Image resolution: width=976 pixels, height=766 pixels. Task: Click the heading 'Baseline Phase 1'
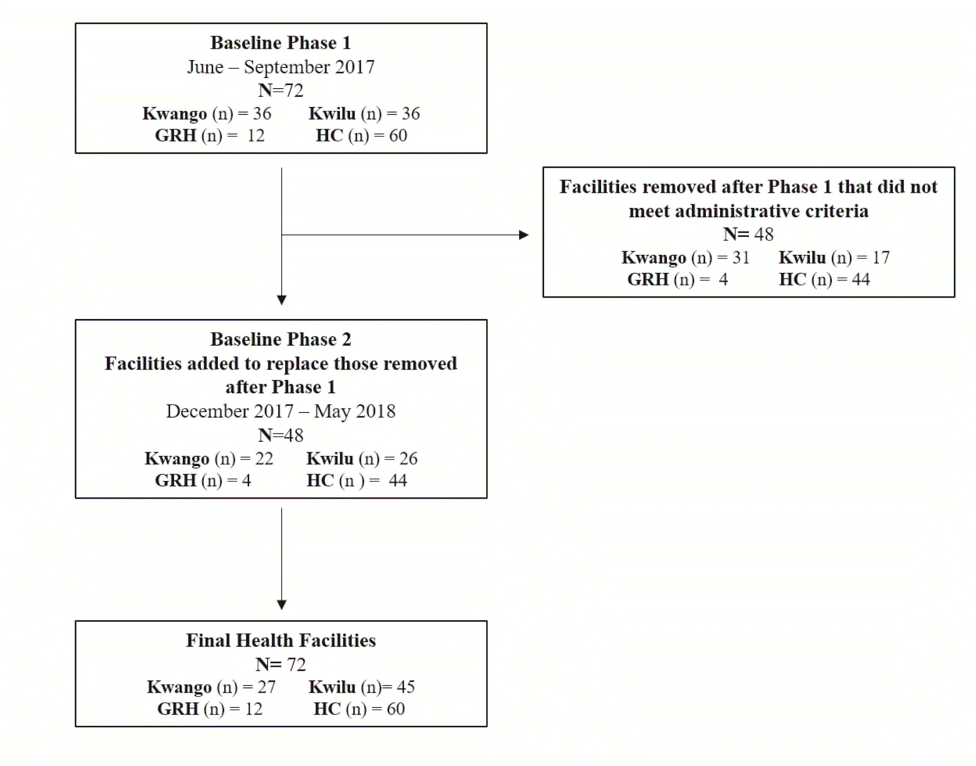[x=281, y=43]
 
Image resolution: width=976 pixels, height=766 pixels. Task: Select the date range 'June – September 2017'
[x=281, y=67]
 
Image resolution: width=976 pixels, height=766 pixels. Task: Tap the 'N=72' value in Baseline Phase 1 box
[x=281, y=90]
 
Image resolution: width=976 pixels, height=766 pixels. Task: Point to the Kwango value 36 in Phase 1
[x=262, y=113]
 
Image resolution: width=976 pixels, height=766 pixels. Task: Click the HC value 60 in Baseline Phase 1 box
[x=398, y=135]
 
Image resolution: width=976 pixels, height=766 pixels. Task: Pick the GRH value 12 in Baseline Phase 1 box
[x=256, y=135]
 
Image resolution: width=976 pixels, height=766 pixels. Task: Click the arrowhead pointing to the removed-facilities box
[x=523, y=235]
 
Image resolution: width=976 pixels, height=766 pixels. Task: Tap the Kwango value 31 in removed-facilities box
[x=741, y=257]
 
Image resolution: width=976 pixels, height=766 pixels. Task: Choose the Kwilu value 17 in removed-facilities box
[x=881, y=257]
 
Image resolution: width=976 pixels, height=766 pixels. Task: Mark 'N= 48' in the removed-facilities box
[x=748, y=234]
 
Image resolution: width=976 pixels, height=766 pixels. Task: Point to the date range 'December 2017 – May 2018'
[x=281, y=411]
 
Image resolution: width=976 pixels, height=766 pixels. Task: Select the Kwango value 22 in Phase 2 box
[x=264, y=458]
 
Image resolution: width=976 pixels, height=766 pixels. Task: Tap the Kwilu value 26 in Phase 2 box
[x=408, y=458]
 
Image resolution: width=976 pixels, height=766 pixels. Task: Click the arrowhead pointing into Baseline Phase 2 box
[x=281, y=300]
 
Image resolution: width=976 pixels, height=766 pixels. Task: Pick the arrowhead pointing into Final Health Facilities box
[x=281, y=605]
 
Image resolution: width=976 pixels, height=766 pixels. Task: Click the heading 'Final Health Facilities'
[x=281, y=640]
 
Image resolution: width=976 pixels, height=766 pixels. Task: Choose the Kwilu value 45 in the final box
[x=406, y=686]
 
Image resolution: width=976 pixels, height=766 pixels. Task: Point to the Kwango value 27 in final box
[x=266, y=686]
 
